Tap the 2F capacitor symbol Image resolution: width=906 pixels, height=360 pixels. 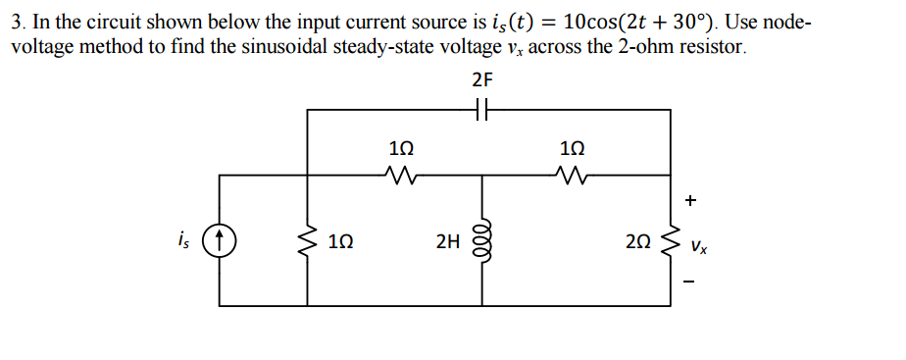480,111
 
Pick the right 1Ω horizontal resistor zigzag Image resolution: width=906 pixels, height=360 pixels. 570,178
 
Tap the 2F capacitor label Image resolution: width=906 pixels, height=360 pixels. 481,79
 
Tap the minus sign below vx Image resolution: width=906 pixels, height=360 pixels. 691,284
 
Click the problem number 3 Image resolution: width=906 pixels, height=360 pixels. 17,22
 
